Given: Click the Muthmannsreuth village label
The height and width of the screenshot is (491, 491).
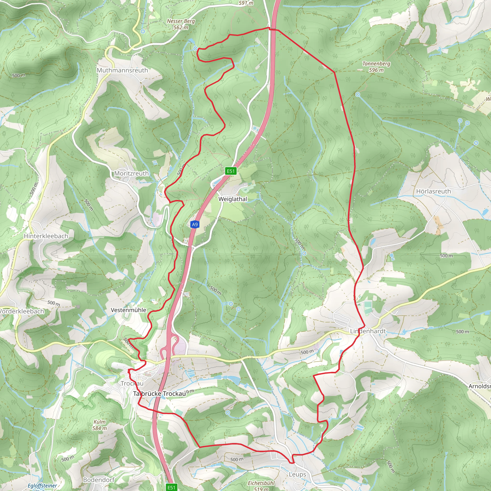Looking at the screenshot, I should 122,70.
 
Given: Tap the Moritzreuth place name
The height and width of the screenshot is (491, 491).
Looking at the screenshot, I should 131,173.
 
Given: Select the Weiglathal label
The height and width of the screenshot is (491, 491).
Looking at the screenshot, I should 233,199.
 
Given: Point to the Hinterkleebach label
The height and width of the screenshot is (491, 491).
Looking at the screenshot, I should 46,236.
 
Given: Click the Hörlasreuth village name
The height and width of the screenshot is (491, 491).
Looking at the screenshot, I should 433,191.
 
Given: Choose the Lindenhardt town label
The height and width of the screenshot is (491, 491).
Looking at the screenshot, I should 368,331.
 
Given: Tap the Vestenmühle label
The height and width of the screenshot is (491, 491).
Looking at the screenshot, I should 128,310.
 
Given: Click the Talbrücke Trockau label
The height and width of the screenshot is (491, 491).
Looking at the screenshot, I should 159,394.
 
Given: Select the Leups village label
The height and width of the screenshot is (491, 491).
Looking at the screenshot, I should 297,474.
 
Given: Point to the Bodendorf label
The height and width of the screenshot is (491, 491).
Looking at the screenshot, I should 99,480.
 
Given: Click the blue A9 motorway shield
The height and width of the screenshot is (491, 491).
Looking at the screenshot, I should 194,224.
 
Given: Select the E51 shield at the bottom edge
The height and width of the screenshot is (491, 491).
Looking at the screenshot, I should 171,487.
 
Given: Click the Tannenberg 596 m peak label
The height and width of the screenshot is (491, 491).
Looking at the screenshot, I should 376,67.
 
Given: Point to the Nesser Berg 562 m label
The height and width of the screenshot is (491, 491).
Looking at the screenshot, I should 181,24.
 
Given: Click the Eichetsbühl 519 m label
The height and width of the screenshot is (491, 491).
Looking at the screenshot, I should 261,485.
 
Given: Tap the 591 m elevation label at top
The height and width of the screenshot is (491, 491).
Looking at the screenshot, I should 246,3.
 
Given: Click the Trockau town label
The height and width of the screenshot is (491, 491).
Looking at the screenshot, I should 132,384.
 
